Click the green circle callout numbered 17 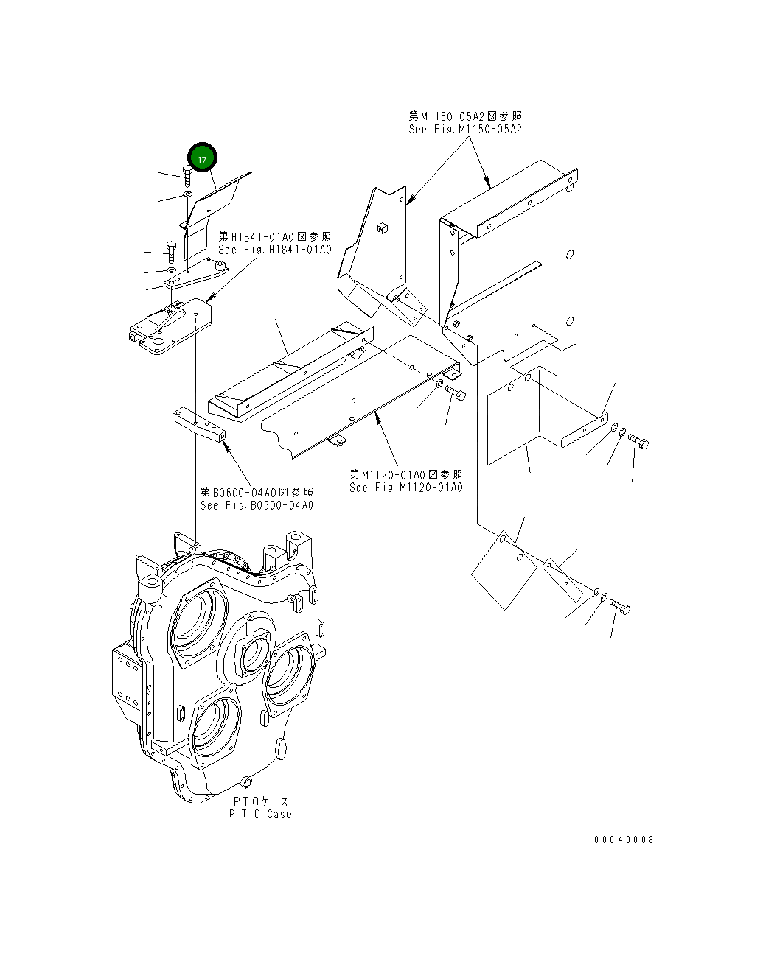(202, 158)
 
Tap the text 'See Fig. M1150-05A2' (464, 129)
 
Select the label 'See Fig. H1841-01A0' (274, 250)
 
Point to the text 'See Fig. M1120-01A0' (405, 488)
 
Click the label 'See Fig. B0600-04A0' (256, 505)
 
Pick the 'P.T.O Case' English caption (259, 814)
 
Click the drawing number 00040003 (624, 839)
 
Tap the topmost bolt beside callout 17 (187, 175)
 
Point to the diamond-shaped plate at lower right (504, 570)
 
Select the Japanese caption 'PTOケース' (261, 801)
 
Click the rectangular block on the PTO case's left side (125, 675)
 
